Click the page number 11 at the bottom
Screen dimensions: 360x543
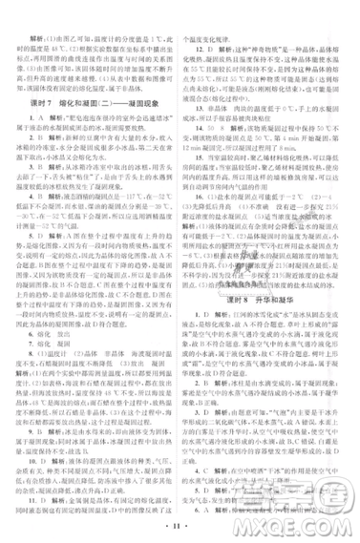(x=180, y=524)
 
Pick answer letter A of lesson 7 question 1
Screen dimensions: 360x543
(x=37, y=130)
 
